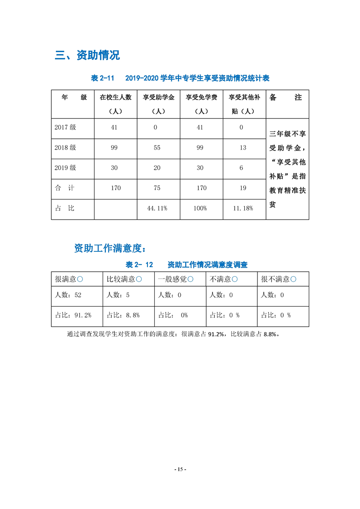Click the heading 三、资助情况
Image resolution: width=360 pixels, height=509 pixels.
[87, 56]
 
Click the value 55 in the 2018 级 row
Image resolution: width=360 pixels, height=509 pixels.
[157, 148]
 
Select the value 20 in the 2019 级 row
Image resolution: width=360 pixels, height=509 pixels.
[157, 168]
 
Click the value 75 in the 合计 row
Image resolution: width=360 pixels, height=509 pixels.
[157, 188]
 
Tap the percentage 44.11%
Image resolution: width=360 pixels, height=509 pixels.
[158, 208]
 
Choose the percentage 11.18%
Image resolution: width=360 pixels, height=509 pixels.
[243, 208]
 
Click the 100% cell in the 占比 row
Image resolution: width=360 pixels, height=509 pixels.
[200, 208]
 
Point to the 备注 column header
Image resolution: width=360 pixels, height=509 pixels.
[286, 98]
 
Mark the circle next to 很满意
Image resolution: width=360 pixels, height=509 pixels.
[80, 279]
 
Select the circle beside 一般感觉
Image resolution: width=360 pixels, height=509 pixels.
[191, 279]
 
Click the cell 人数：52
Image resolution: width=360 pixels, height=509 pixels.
[68, 295]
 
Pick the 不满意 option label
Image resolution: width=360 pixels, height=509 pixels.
[220, 279]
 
